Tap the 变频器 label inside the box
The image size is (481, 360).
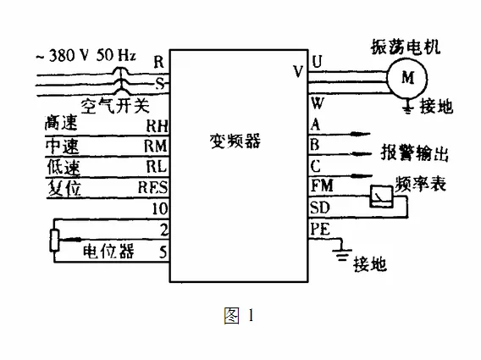pyautogui.click(x=235, y=141)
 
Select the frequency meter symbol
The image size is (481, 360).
pyautogui.click(x=381, y=197)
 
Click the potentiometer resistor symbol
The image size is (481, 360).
pyautogui.click(x=54, y=241)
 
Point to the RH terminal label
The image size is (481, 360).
pyautogui.click(x=157, y=126)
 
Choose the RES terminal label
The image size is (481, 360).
pyautogui.click(x=152, y=187)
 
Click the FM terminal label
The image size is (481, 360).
pyautogui.click(x=322, y=186)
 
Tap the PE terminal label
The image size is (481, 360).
pyautogui.click(x=320, y=230)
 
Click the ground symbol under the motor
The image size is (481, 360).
pyautogui.click(x=407, y=107)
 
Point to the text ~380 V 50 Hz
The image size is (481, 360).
pyautogui.click(x=86, y=56)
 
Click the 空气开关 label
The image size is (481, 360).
pyautogui.click(x=115, y=106)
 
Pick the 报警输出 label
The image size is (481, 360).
pyautogui.click(x=415, y=152)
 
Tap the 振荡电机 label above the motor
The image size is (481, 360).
pyautogui.click(x=406, y=47)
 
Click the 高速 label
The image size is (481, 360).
pyautogui.click(x=61, y=123)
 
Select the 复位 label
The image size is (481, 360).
pyautogui.click(x=64, y=187)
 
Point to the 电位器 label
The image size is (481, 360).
pyautogui.click(x=108, y=251)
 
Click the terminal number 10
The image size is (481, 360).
pyautogui.click(x=160, y=208)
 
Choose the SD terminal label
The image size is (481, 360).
pyautogui.click(x=319, y=208)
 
